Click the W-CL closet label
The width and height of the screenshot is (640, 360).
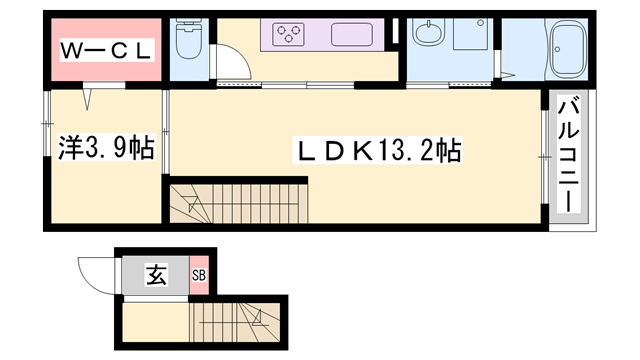click(104, 49)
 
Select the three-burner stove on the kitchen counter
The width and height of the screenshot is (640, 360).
click(288, 35)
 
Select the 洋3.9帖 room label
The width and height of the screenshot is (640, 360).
click(104, 149)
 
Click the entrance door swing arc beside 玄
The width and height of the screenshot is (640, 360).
click(98, 272)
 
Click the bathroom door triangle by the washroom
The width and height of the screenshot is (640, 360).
click(508, 72)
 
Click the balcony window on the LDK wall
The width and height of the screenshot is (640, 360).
click(545, 155)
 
